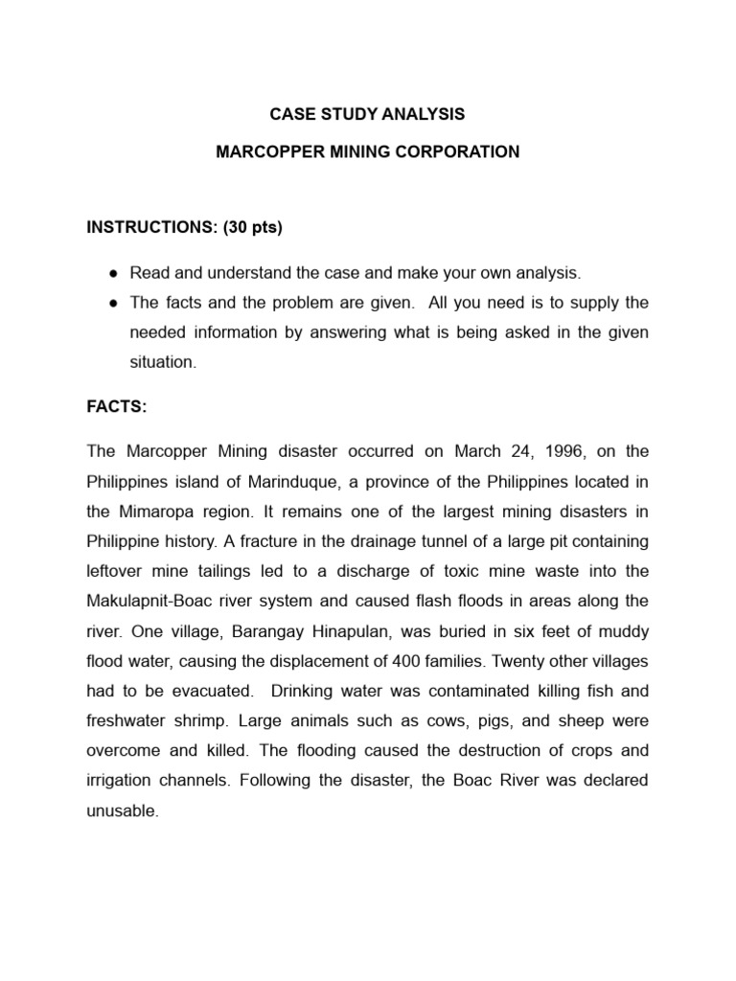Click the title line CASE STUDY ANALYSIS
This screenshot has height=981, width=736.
pyautogui.click(x=367, y=114)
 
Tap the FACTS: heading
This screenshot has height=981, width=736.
pyautogui.click(x=117, y=407)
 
